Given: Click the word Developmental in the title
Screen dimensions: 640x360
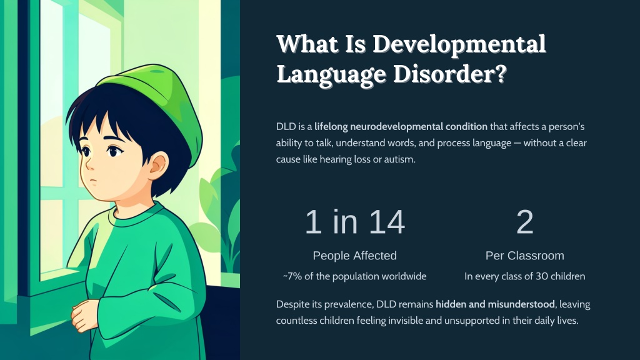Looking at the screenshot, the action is [459, 44].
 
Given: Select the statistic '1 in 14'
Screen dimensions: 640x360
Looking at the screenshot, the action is [355, 222].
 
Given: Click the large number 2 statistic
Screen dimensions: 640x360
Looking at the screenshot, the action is [525, 222].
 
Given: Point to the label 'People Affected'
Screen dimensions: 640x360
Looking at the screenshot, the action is [355, 256].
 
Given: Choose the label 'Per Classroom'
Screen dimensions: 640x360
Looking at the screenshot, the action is [525, 256].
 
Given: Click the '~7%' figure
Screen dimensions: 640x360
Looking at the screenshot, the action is [292, 276].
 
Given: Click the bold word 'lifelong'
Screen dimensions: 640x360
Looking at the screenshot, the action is [331, 126].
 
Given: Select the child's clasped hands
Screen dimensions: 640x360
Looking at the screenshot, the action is [86, 315].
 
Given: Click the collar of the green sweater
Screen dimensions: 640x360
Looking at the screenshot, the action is [135, 215].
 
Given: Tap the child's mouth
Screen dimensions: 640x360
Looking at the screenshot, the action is [94, 181].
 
